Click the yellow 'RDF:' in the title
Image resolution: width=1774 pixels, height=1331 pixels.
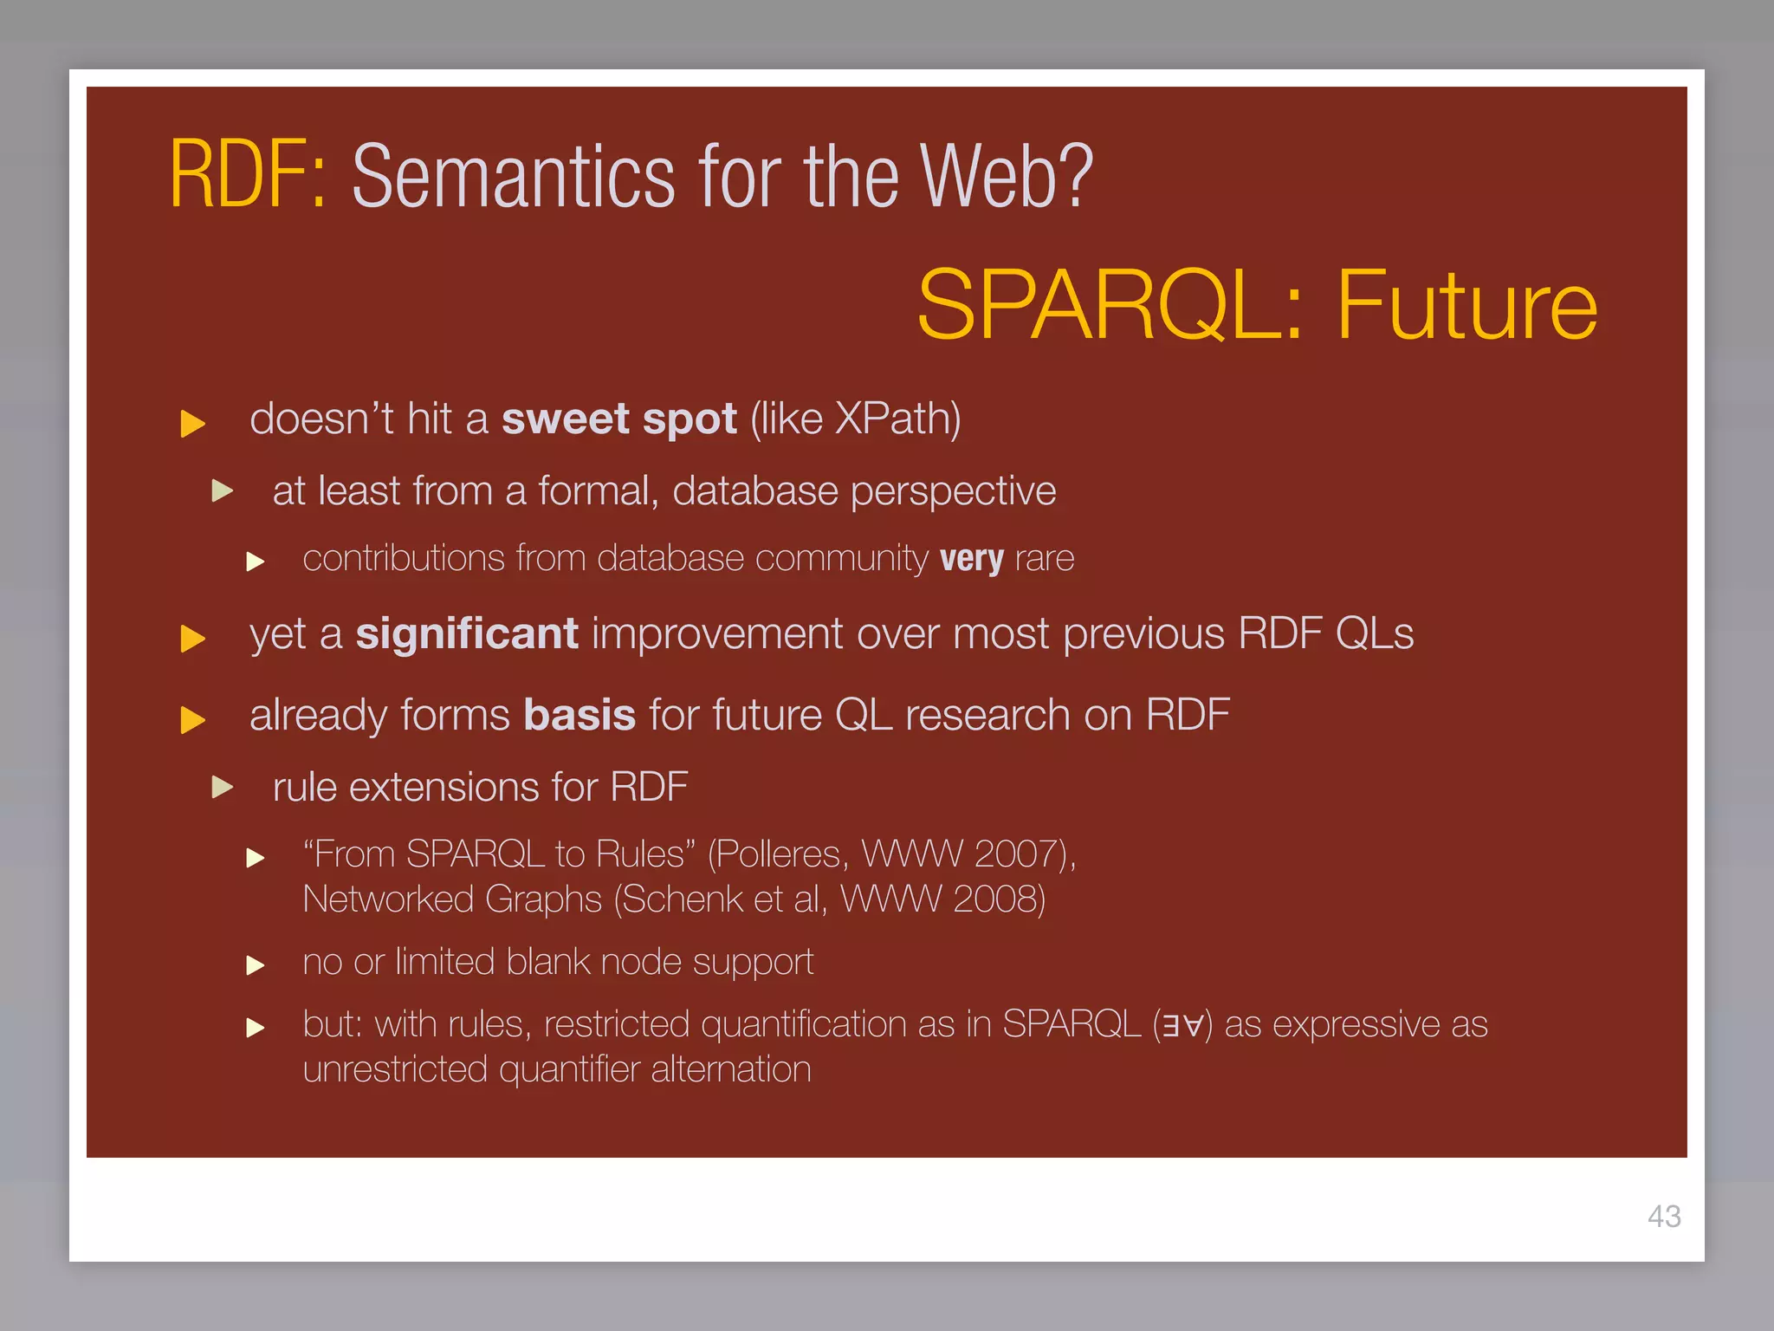[x=247, y=176]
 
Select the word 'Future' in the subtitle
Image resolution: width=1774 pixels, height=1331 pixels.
[x=1466, y=305]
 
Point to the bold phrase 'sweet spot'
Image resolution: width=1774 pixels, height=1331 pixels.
[x=618, y=419]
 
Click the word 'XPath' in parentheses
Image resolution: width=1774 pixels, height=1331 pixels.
[x=892, y=419]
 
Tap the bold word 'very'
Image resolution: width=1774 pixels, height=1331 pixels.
[x=971, y=559]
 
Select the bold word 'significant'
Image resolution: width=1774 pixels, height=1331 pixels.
[x=466, y=633]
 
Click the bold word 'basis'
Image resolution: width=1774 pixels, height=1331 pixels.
[x=579, y=716]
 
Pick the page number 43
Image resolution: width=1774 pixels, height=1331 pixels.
[x=1663, y=1217]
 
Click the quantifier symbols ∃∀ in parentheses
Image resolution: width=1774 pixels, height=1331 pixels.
[x=1182, y=1026]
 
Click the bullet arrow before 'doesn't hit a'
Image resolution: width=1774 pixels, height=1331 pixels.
[x=192, y=424]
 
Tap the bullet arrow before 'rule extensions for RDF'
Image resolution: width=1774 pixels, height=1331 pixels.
[x=223, y=787]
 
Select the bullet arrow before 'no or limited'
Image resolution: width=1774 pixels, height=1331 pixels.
[x=255, y=964]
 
